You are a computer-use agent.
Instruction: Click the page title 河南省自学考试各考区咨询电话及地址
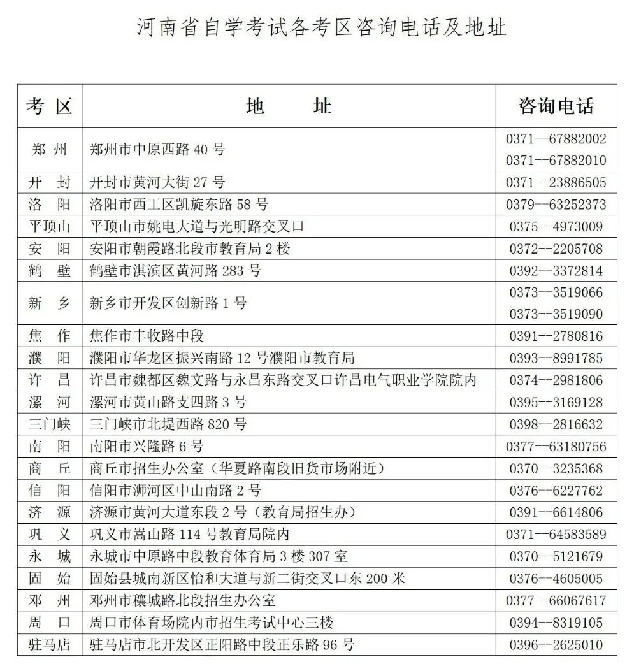[x=321, y=28]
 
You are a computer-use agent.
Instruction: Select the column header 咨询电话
[x=556, y=106]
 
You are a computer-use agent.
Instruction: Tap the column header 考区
[x=49, y=106]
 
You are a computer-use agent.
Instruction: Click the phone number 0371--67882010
[x=556, y=160]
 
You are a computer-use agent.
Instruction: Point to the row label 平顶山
[x=49, y=226]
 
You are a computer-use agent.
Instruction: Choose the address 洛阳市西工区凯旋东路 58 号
[x=179, y=205]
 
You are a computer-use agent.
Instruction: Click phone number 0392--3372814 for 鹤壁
[x=556, y=271]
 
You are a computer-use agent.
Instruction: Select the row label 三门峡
[x=49, y=424]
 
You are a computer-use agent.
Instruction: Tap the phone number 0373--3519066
[x=556, y=292]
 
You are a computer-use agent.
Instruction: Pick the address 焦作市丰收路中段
[x=147, y=336]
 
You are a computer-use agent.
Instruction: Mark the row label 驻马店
[x=49, y=644]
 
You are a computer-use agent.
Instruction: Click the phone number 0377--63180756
[x=556, y=447]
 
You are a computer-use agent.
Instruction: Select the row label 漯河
[x=49, y=403]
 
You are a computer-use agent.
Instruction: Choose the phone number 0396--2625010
[x=556, y=644]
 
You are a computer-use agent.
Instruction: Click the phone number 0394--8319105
[x=556, y=623]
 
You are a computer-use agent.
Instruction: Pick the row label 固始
[x=49, y=579]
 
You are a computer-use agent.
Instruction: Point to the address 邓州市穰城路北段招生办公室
[x=183, y=600]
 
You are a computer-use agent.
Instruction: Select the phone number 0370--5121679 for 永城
[x=556, y=556]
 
